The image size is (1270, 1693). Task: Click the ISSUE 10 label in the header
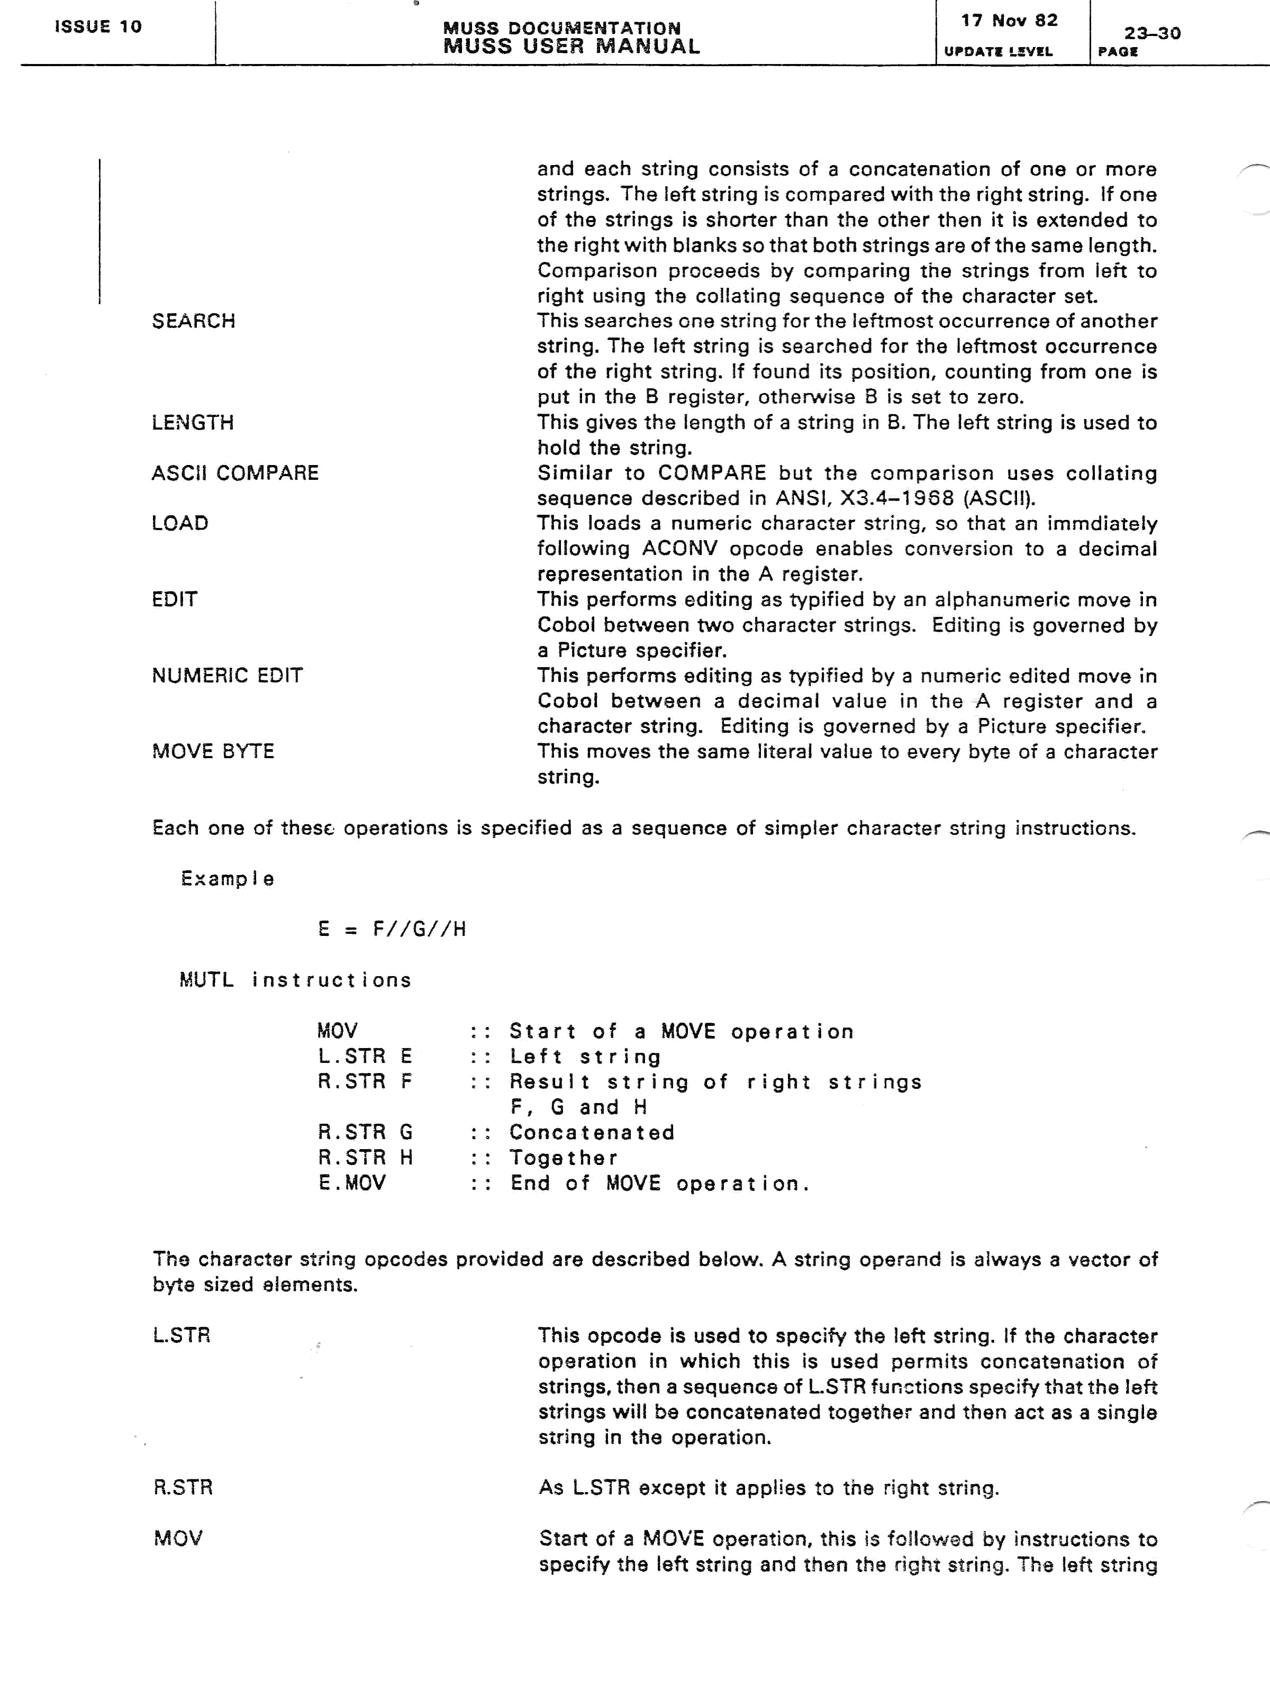98,27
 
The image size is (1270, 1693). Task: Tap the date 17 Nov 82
1009,21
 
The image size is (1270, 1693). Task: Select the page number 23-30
1151,33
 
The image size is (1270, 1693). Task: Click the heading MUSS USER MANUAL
571,46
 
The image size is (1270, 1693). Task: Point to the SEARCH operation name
193,321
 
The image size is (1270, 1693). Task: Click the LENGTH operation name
192,423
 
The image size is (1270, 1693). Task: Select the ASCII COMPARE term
235,473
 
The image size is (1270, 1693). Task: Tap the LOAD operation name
180,524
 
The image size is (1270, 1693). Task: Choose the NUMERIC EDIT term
228,675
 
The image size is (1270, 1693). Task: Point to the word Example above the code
228,879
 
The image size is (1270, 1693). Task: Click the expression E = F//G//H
392,929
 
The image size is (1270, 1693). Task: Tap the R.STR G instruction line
365,1132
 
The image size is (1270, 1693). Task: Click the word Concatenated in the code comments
592,1132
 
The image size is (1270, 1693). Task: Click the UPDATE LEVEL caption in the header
998,51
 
